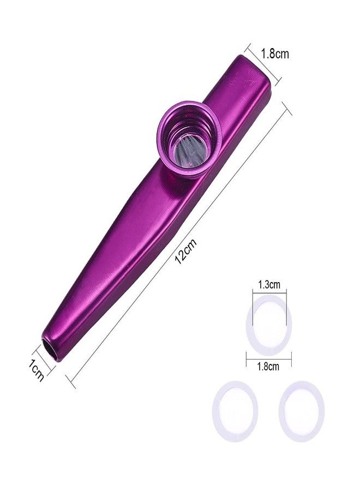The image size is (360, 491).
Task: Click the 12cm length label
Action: click(x=185, y=252)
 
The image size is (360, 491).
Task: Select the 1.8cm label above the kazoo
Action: click(x=275, y=54)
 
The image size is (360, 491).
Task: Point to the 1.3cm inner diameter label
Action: click(x=269, y=285)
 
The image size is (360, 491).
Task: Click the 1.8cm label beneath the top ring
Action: click(x=268, y=367)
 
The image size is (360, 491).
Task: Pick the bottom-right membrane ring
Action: click(x=281, y=410)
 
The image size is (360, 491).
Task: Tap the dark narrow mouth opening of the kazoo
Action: click(x=51, y=350)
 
